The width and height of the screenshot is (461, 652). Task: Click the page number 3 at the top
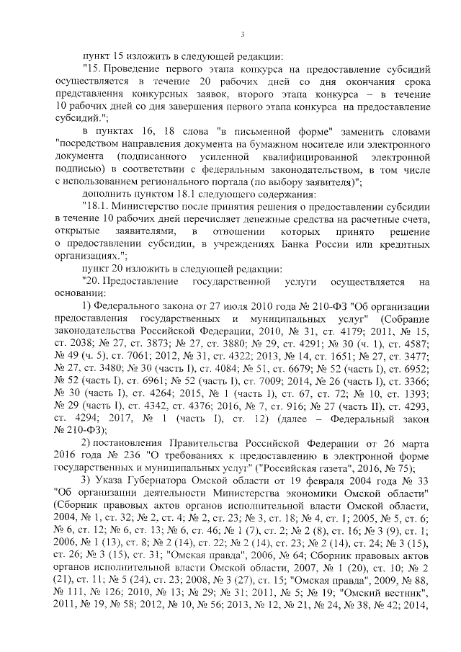click(x=243, y=34)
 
